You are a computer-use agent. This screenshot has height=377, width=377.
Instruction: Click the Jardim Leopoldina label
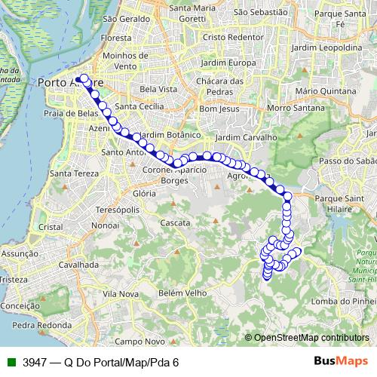(326, 47)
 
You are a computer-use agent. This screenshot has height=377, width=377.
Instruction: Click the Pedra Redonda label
(35, 326)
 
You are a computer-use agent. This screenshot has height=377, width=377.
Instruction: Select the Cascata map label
(175, 223)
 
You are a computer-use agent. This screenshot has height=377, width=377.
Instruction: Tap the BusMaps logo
(342, 362)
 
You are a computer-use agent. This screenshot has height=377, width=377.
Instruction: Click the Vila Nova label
(121, 293)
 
